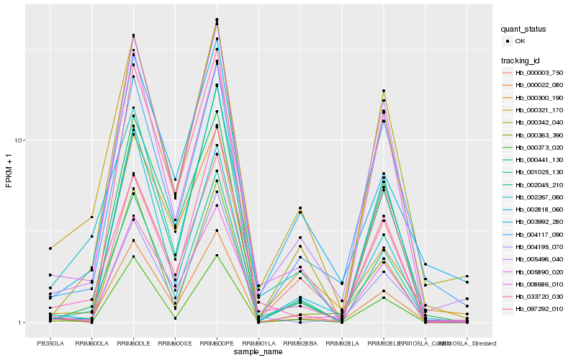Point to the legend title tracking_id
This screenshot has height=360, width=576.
[x=522, y=60]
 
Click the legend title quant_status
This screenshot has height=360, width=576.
[x=523, y=29]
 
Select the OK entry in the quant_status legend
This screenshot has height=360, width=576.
[x=520, y=41]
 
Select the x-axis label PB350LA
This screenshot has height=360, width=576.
[x=50, y=343]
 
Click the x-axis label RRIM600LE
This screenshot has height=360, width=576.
[x=134, y=343]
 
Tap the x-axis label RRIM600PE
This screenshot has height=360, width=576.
[x=217, y=343]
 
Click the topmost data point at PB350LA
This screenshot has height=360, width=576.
[x=50, y=248]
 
